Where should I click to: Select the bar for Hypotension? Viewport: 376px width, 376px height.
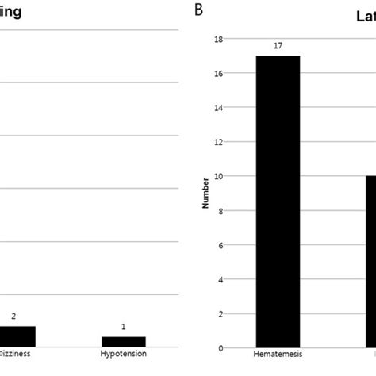click(123, 341)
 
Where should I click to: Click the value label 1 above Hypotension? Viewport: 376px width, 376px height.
click(123, 327)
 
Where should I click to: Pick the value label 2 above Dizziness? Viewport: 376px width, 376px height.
click(13, 316)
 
